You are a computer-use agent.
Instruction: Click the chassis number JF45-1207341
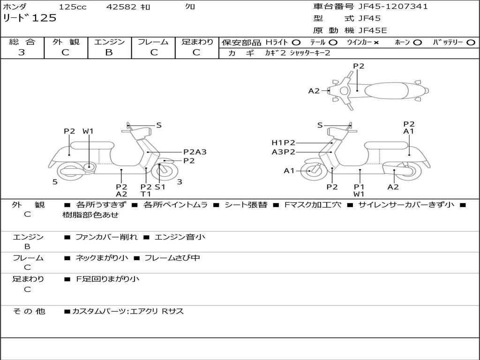pos(393,7)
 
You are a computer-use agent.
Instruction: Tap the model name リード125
pos(30,18)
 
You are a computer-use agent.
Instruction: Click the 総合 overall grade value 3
pos(22,52)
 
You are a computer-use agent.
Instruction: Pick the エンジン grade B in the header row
pos(109,52)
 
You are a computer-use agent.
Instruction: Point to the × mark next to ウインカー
pos(376,43)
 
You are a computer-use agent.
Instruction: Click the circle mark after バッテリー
pos(471,43)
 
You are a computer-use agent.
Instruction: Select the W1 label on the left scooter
pos(88,131)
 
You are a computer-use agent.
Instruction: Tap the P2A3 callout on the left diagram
pos(195,152)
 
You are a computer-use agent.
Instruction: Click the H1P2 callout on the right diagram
pos(284,142)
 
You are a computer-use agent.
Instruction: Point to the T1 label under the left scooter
pos(146,194)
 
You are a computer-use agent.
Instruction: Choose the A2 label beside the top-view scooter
pos(314,91)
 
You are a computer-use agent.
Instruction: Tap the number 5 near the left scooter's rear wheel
pos(55,182)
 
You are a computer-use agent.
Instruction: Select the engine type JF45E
pos(373,30)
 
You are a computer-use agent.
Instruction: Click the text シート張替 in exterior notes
pos(246,205)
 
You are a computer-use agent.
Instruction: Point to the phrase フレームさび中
pos(172,258)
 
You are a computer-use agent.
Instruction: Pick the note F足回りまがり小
pos(107,279)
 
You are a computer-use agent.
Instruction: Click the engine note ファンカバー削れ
pos(106,237)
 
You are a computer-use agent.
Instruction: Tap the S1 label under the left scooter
pos(160,187)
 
